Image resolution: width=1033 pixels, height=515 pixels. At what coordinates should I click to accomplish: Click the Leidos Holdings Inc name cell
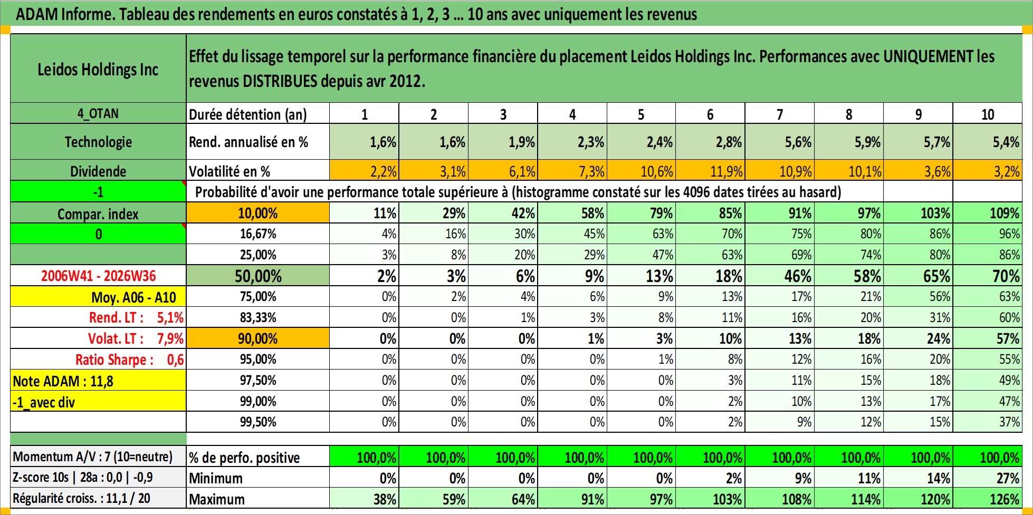[98, 69]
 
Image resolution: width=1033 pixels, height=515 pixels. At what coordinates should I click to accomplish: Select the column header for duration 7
[779, 114]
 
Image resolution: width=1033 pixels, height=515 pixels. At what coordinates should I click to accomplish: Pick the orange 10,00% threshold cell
[258, 213]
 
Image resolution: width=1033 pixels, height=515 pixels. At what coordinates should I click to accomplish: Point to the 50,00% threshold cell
[258, 276]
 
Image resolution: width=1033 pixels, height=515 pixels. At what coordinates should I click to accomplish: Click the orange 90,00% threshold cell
[258, 338]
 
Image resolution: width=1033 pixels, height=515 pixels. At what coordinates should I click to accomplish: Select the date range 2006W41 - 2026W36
[99, 276]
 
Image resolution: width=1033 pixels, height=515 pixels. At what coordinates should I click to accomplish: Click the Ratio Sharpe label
[114, 359]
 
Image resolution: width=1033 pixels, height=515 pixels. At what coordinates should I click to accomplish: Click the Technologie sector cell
[98, 142]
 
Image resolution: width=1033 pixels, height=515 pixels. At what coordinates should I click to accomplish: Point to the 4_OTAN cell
[98, 113]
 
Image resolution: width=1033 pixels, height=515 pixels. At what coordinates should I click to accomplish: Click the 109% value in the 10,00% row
[1004, 213]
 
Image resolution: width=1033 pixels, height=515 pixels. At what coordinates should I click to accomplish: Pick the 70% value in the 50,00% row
[1006, 276]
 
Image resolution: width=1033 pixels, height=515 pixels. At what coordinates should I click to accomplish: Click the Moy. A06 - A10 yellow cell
[98, 297]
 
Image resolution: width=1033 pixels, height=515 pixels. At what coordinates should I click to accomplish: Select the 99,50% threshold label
[258, 422]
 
